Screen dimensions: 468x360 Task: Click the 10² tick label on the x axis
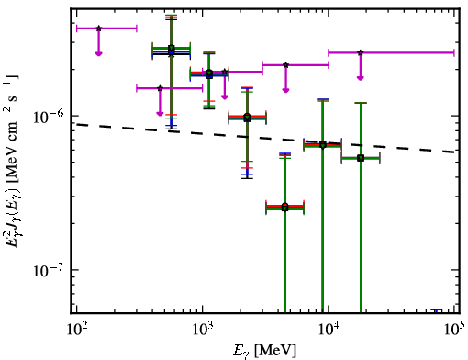tap(77, 330)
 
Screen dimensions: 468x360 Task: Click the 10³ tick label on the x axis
tap(203, 330)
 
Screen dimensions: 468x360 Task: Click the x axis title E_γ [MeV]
tap(265, 351)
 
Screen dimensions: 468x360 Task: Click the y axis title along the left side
tap(13, 161)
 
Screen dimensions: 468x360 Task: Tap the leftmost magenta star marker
tap(98, 28)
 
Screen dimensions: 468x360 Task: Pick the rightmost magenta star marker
tap(361, 52)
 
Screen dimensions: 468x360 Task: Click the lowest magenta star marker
tap(160, 88)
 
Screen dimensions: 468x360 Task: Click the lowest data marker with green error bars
tap(284, 208)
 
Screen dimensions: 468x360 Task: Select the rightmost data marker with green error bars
tap(361, 158)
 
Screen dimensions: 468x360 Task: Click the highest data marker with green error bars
tap(172, 48)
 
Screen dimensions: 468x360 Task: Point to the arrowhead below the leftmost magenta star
tap(98, 53)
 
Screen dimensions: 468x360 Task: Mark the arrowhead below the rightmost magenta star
tap(361, 78)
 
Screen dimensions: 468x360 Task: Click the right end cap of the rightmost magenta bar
tap(454, 52)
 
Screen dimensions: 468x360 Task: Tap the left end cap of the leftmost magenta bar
tap(76, 28)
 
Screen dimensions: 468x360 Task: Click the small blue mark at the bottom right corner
tap(436, 310)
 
